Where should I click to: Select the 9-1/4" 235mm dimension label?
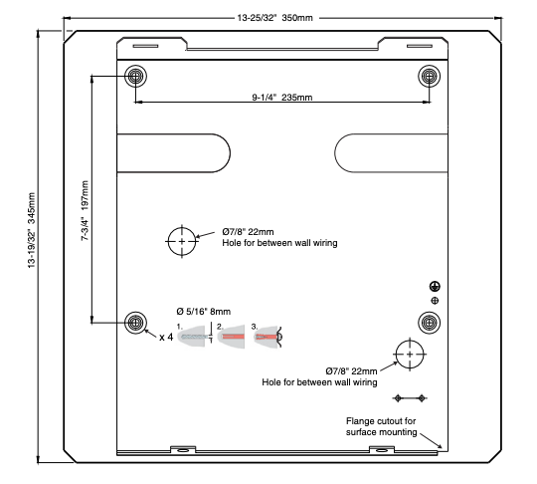[282, 98]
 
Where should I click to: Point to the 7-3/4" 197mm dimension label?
[85, 210]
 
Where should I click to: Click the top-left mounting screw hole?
[135, 76]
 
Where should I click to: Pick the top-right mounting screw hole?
[430, 76]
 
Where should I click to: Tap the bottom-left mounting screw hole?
[135, 323]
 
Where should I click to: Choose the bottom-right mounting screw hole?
[430, 323]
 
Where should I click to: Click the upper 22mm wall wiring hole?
[182, 241]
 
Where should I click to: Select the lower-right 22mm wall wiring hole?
[410, 355]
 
